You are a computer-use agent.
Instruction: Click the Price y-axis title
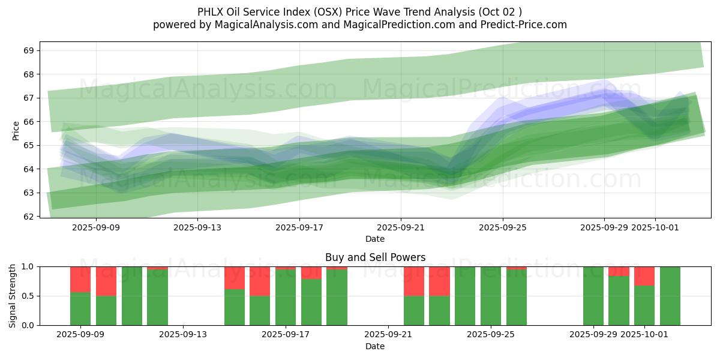coord(16,130)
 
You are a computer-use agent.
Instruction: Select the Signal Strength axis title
coord(13,296)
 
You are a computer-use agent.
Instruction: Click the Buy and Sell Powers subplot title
coord(375,257)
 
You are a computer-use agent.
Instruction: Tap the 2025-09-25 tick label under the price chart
coord(503,227)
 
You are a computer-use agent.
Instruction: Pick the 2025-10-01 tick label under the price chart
coord(655,227)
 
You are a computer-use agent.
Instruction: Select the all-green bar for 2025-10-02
coord(670,296)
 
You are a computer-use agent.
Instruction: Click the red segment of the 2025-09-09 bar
coord(80,279)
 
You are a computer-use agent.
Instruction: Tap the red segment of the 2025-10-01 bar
coord(644,276)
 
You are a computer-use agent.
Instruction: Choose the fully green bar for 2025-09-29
coord(593,296)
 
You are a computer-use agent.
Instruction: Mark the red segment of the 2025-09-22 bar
coord(414,281)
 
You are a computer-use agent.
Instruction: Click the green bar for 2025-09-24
coord(465,296)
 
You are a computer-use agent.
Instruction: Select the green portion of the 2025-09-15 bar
coord(235,307)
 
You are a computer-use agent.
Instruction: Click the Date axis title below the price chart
coord(375,239)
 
